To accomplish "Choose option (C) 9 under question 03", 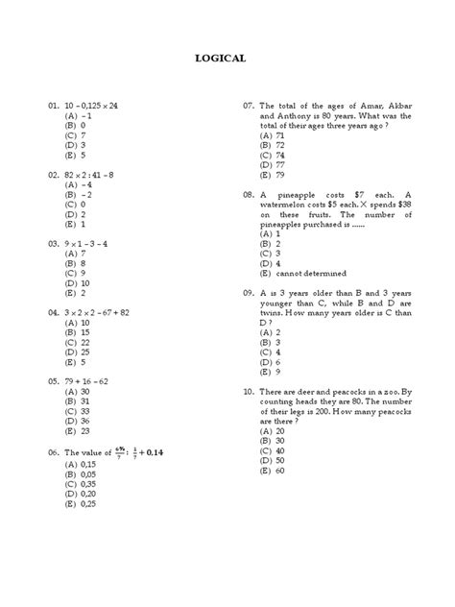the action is click(x=77, y=272).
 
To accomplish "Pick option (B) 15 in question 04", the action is click(x=78, y=331).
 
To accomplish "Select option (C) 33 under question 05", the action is click(x=78, y=410).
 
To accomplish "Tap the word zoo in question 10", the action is click(x=390, y=392).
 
